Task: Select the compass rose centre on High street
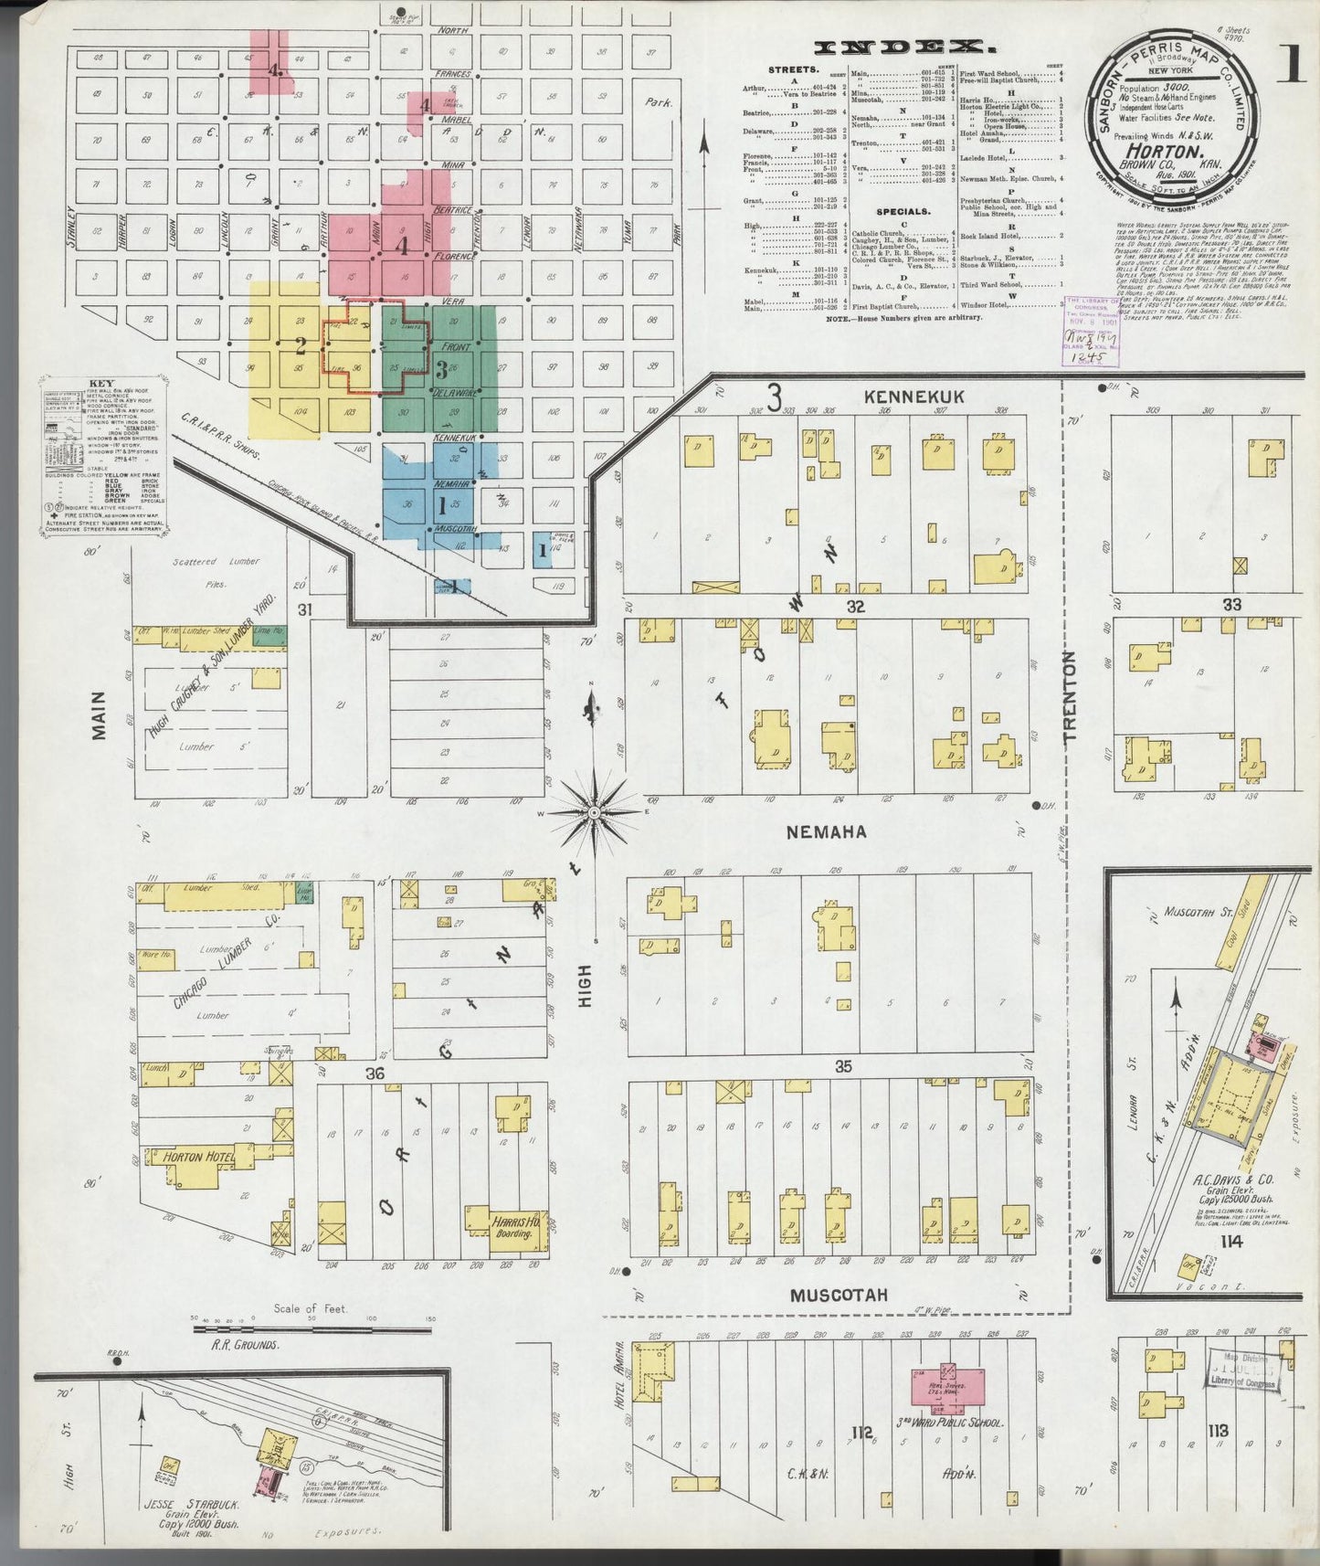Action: tap(594, 811)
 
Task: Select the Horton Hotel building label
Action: tap(197, 1157)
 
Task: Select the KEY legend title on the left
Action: tap(101, 385)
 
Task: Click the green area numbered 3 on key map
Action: tap(442, 369)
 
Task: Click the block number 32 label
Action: tap(854, 605)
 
